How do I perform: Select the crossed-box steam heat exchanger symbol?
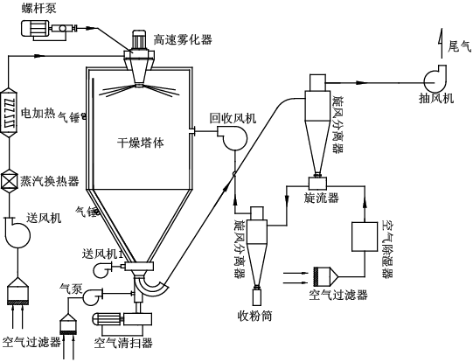[x=11, y=181]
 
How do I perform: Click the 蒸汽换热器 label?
[x=50, y=181]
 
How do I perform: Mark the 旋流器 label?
[x=321, y=199]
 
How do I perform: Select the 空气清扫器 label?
[x=123, y=342]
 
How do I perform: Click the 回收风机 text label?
[x=233, y=118]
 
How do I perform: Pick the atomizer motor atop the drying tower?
[x=139, y=39]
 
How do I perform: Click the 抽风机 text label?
[x=436, y=98]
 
